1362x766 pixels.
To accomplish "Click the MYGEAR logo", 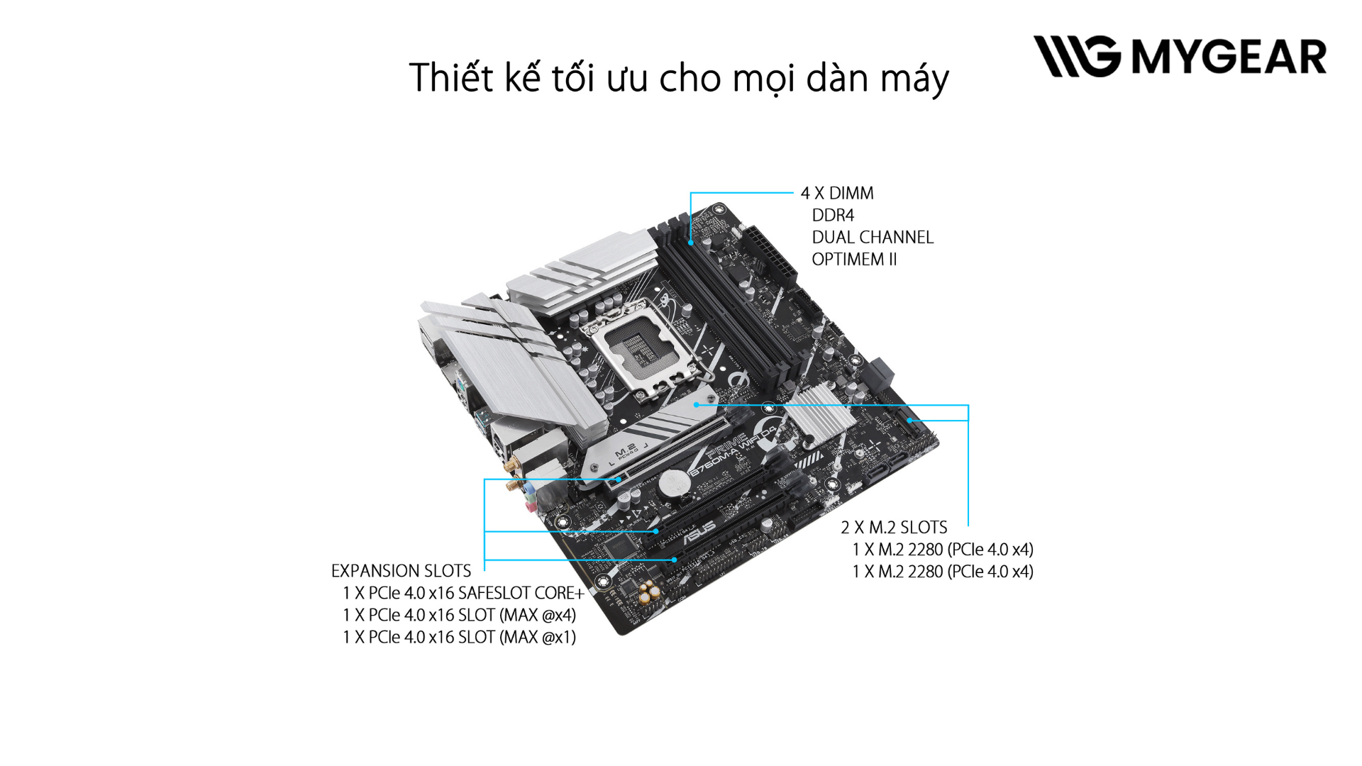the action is (x=1180, y=56).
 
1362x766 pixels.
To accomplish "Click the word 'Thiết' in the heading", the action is (x=451, y=77).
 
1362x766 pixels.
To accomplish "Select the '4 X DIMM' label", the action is (x=837, y=193).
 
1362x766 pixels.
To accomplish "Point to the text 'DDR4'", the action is (x=833, y=215).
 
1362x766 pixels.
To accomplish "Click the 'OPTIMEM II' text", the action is (x=854, y=260).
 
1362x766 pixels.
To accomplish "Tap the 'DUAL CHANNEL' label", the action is (x=873, y=237).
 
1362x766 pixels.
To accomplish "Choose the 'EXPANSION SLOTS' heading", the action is (x=401, y=571).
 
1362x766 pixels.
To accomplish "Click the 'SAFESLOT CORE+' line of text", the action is (x=463, y=593).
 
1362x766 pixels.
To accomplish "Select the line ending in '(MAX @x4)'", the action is (x=459, y=615).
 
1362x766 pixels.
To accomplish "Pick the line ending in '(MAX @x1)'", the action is (x=459, y=637).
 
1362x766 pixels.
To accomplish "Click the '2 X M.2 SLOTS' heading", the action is (x=894, y=528).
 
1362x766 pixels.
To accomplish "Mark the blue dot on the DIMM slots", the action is (x=690, y=243).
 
